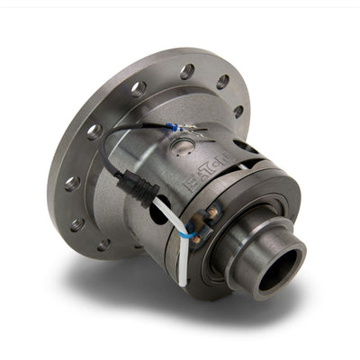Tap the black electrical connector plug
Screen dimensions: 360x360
(x=141, y=187)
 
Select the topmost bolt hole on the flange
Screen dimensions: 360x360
(x=186, y=70)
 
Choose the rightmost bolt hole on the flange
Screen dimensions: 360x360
(x=238, y=112)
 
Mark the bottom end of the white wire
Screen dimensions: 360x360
(x=183, y=282)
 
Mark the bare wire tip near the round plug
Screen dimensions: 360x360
(x=192, y=126)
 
